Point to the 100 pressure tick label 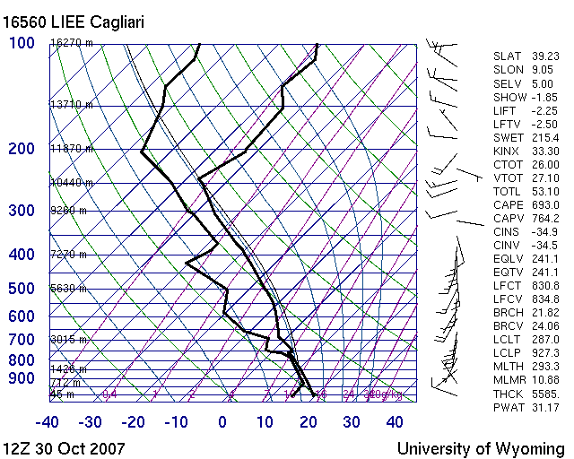pos(22,43)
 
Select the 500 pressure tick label pos(22,289)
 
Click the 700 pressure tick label pos(22,340)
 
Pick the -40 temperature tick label pos(48,421)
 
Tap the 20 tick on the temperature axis pos(309,421)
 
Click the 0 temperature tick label pos(222,421)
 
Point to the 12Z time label pos(20,447)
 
